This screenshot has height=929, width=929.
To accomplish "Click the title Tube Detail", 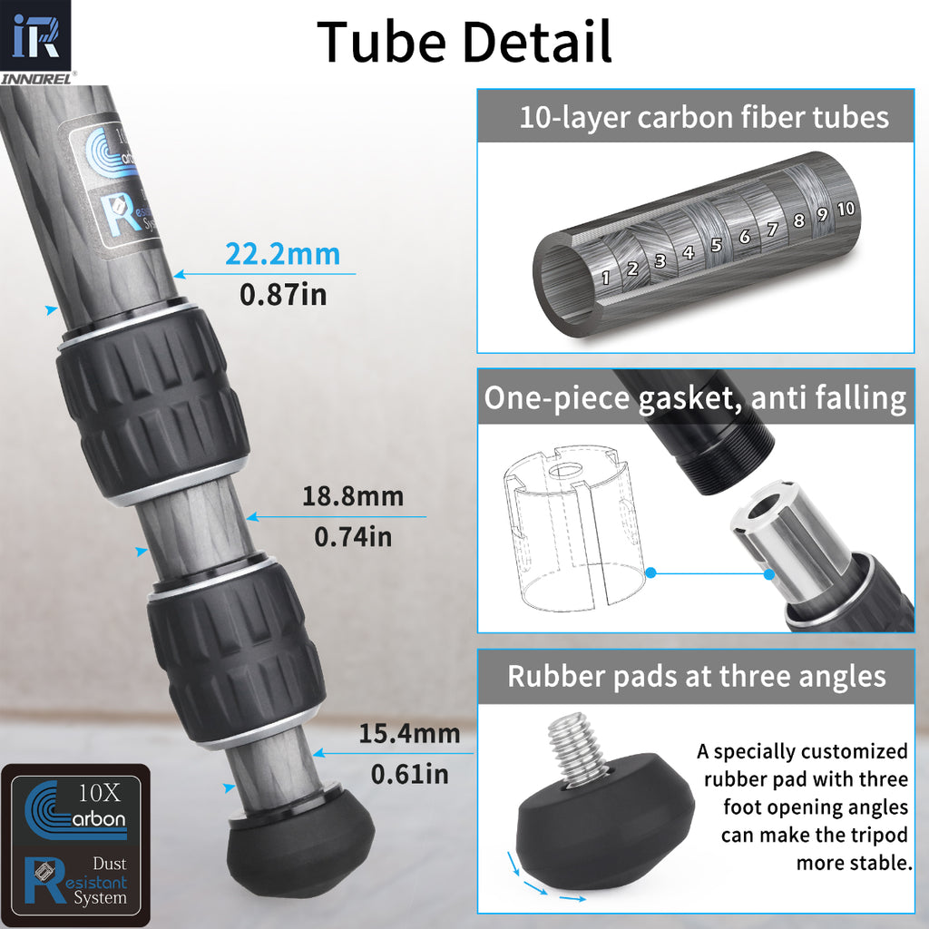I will click(464, 42).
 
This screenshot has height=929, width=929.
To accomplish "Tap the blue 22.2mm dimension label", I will click(282, 254).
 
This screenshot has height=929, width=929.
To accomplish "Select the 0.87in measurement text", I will click(282, 295).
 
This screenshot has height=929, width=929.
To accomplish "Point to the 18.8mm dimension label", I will click(352, 497).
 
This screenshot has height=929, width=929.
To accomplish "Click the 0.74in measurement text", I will click(353, 536).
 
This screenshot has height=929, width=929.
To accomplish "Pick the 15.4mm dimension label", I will click(408, 733).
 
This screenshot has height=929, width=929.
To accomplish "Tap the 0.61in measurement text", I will click(409, 774).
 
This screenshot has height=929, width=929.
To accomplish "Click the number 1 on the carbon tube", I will click(605, 278).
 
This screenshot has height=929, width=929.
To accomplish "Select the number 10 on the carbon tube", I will click(846, 209).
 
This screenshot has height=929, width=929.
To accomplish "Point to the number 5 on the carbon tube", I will click(716, 245).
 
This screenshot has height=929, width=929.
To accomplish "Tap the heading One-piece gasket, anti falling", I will click(695, 398).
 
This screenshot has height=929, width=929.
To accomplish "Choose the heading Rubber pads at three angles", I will click(696, 676).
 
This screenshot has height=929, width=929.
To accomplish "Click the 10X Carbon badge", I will click(75, 807).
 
